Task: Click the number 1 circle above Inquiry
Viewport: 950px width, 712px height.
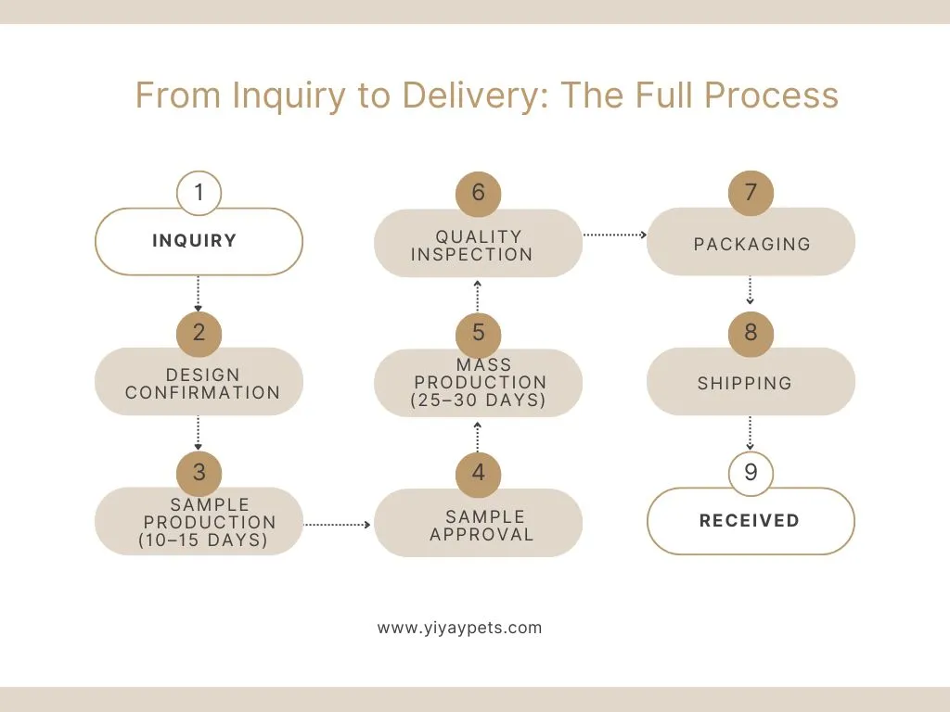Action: click(199, 194)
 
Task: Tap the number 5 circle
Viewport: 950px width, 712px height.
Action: click(478, 333)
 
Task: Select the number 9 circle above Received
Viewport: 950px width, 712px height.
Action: click(751, 473)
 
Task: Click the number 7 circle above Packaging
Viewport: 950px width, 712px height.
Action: click(751, 193)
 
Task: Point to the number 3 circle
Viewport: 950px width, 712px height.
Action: click(199, 472)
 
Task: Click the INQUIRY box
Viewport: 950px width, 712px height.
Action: click(199, 242)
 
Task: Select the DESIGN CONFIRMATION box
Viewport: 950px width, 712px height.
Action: click(199, 383)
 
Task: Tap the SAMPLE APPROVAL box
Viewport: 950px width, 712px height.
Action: click(478, 525)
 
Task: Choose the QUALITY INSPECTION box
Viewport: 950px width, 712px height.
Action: click(478, 245)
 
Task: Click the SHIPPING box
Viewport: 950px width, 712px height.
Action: click(751, 383)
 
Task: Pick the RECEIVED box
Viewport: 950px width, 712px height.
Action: click(751, 521)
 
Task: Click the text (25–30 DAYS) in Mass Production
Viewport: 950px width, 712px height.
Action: click(478, 400)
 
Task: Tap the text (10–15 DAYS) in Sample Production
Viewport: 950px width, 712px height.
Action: click(203, 540)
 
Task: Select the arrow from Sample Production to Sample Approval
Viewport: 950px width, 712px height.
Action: click(338, 525)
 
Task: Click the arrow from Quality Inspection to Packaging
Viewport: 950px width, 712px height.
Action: click(614, 235)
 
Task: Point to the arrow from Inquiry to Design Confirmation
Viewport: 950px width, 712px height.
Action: click(199, 293)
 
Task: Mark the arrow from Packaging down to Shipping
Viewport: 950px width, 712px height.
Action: click(750, 290)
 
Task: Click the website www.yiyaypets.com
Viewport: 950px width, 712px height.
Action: click(459, 628)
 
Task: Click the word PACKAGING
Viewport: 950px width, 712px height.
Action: click(751, 245)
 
